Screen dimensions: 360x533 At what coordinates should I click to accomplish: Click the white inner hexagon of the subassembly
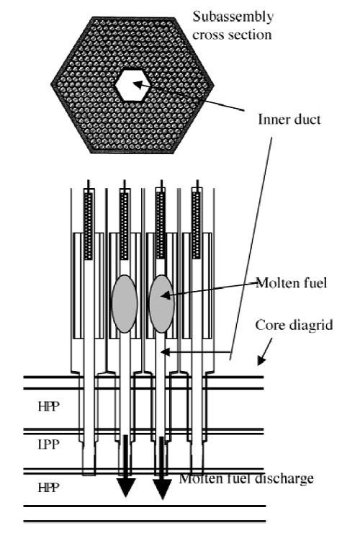pos(130,85)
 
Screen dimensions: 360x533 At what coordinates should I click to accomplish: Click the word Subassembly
pos(233,17)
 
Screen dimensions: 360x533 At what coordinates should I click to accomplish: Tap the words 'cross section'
pos(232,35)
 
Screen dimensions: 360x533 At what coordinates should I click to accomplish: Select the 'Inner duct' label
pos(289,120)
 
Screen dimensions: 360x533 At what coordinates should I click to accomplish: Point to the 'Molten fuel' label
pos(292,283)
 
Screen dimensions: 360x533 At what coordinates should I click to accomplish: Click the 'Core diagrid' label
pos(294,325)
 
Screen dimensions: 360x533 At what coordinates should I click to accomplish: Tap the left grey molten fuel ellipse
pos(125,303)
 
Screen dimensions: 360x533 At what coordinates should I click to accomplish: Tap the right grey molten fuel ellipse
pos(162,303)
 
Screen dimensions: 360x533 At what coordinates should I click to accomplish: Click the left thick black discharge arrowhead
pos(126,487)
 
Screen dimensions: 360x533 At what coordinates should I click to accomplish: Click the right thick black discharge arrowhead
pos(162,489)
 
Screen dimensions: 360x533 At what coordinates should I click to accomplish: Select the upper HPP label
pos(49,406)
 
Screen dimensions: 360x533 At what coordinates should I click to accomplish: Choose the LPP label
pos(49,444)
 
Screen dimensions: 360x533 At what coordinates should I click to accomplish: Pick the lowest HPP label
pos(49,488)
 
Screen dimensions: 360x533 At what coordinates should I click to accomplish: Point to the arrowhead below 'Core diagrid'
pos(261,360)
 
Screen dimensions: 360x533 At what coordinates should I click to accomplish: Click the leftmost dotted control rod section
pos(89,226)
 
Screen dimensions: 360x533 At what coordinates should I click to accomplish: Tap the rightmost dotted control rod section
pos(197,225)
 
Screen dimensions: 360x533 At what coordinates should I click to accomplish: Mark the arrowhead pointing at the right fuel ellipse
pos(165,295)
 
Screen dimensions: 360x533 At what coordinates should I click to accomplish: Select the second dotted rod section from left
pos(125,226)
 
